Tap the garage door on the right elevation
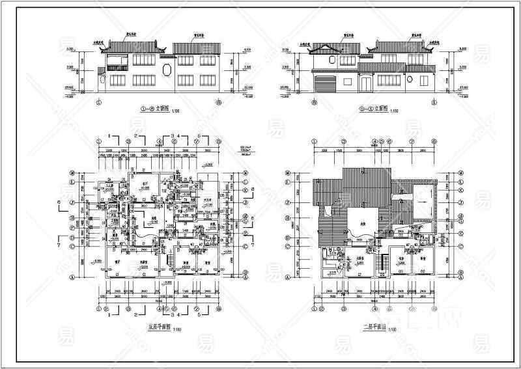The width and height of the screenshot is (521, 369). pos(325,83)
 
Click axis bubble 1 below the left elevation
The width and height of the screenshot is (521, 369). pos(98,102)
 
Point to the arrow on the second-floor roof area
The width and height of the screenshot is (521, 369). pos(421,203)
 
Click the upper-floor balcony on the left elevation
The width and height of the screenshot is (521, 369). pos(117,64)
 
